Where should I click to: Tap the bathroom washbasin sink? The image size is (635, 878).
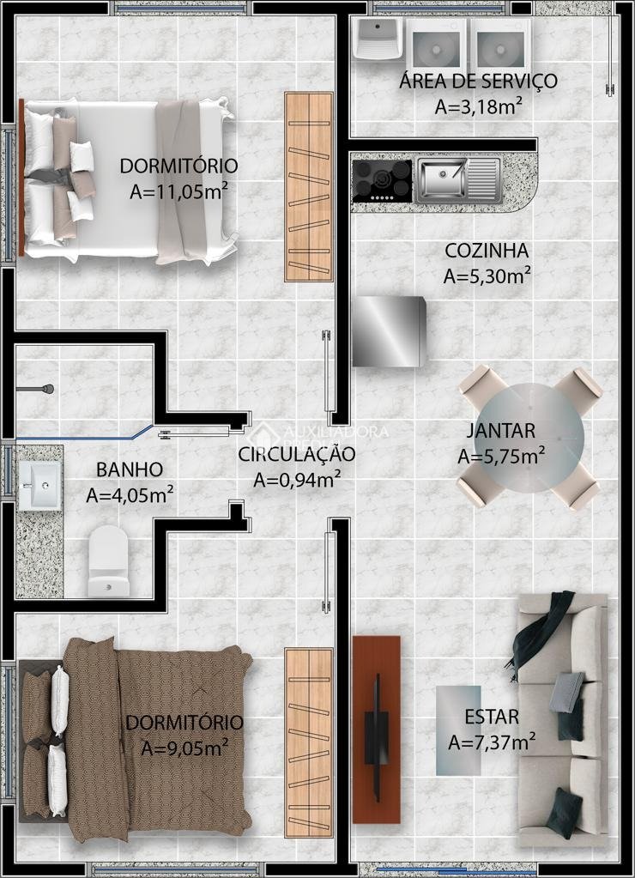tap(39, 485)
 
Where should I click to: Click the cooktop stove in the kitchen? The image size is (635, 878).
tap(382, 181)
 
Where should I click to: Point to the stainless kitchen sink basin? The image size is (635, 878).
tap(442, 179)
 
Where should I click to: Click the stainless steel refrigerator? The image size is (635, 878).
tap(389, 331)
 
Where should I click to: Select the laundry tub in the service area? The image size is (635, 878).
tap(378, 38)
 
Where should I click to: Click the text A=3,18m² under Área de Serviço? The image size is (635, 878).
tap(479, 106)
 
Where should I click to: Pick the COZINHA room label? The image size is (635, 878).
tap(487, 251)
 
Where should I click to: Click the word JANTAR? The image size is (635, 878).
tap(500, 431)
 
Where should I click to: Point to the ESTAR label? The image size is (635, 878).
tap(492, 717)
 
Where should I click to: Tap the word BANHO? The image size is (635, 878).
tap(130, 469)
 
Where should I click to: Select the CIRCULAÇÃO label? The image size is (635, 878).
tap(297, 453)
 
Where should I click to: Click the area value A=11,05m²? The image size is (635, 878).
tap(178, 191)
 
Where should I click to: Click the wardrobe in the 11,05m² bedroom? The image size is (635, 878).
tap(309, 186)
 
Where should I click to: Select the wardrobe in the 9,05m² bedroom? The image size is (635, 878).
tap(309, 742)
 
